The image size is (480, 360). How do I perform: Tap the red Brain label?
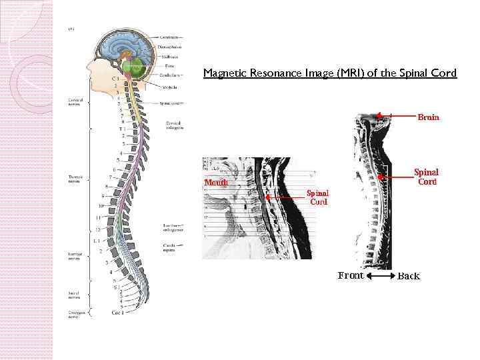tap(428, 117)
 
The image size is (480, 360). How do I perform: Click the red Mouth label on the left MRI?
tap(216, 182)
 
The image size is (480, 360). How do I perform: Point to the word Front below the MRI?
tap(351, 275)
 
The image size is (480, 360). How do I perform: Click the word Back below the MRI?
tap(409, 276)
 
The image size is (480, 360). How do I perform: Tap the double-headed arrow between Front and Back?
tap(380, 276)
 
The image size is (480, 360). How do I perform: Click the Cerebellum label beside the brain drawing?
tap(170, 75)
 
